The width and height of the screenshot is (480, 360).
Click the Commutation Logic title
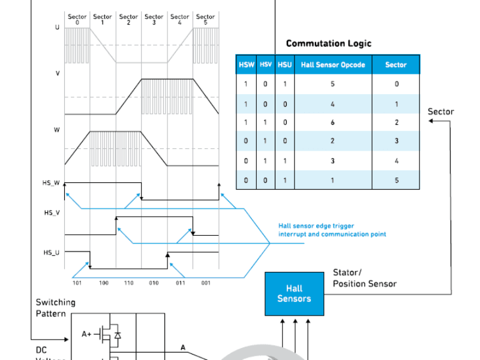[x=328, y=43]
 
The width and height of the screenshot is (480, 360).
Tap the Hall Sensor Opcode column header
[x=333, y=65]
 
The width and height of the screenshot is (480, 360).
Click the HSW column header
[x=246, y=65]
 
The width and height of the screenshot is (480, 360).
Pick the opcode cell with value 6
[x=332, y=122]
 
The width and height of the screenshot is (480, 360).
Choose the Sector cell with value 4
[x=396, y=161]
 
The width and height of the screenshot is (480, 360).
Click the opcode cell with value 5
[x=332, y=84]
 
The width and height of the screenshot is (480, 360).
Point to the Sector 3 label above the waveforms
[x=154, y=19]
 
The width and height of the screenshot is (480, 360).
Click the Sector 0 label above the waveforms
[x=77, y=19]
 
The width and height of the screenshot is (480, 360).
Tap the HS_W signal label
[x=52, y=182]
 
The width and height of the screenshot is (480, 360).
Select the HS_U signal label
[x=52, y=253]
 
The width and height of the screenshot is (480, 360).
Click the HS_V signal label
[x=52, y=212]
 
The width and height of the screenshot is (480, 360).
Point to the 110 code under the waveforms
[x=128, y=283]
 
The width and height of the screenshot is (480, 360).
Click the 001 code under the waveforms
[x=206, y=283]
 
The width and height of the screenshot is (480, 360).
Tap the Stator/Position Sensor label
[x=364, y=278]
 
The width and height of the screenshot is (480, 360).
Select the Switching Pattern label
[x=55, y=308]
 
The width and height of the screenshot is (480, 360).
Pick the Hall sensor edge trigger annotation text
[x=332, y=230]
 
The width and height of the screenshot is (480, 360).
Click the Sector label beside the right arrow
[x=440, y=112]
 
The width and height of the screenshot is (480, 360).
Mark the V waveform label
[x=58, y=73]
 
